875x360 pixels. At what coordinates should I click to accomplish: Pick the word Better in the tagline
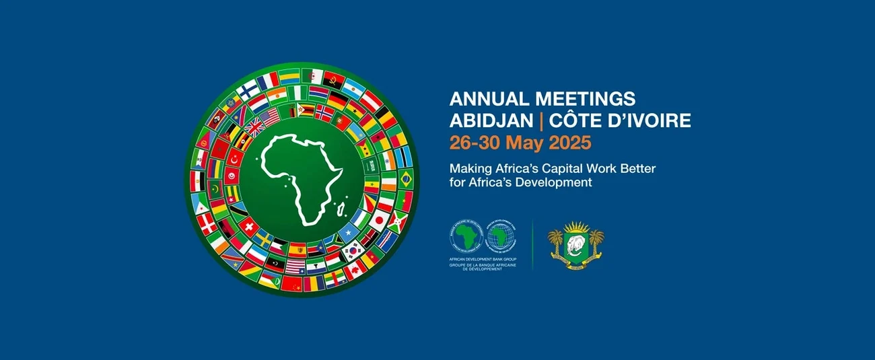click(x=637, y=168)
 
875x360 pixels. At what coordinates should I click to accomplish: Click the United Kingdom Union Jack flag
click(x=254, y=127)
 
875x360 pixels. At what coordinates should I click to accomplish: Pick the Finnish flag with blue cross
click(x=248, y=89)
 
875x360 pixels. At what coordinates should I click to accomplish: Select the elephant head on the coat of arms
click(x=575, y=243)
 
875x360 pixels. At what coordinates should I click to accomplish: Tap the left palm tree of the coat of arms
click(x=555, y=241)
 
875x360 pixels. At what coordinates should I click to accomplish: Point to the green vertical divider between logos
click(x=533, y=244)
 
